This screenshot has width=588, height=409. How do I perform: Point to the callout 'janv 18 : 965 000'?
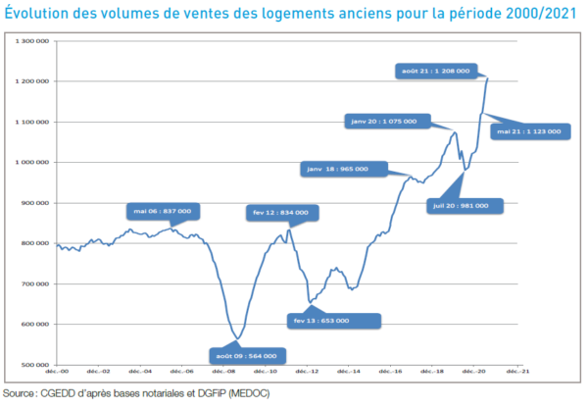pos(337,169)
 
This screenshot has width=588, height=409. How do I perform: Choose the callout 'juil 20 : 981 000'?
pos(465,206)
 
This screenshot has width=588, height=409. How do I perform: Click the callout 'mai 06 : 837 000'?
pos(164,211)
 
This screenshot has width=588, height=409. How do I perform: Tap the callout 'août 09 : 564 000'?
pos(244,356)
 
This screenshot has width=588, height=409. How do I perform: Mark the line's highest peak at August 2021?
pos(487,77)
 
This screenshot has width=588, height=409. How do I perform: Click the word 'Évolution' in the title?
pos(38,13)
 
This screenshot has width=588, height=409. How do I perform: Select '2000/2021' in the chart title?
pos(530,13)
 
